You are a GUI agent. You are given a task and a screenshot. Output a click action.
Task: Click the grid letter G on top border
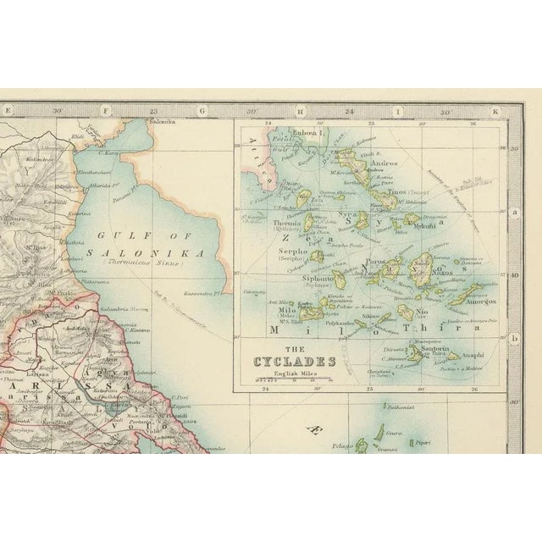click(x=202, y=109)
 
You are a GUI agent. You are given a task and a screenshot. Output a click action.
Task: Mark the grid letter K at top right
click(x=495, y=109)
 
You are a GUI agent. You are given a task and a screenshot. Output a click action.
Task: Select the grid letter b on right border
click(x=513, y=336)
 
